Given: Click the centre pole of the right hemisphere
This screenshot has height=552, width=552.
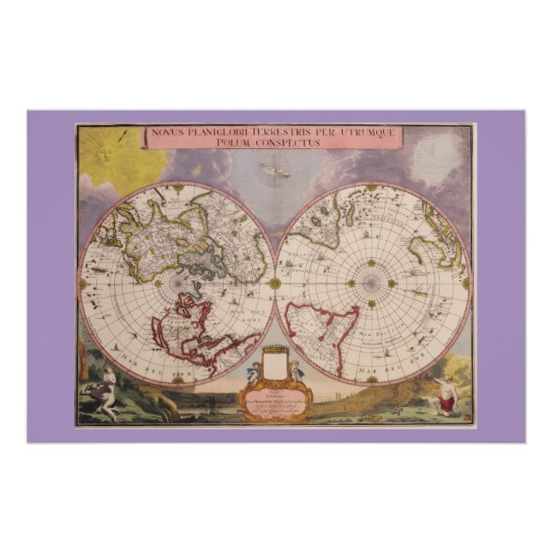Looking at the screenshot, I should point(371,282).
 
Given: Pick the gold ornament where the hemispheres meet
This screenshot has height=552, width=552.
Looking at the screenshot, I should point(275,282).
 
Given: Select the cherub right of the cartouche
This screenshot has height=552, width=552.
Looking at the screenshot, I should point(295,369).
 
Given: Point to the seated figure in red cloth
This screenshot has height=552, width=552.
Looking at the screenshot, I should point(446,397).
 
